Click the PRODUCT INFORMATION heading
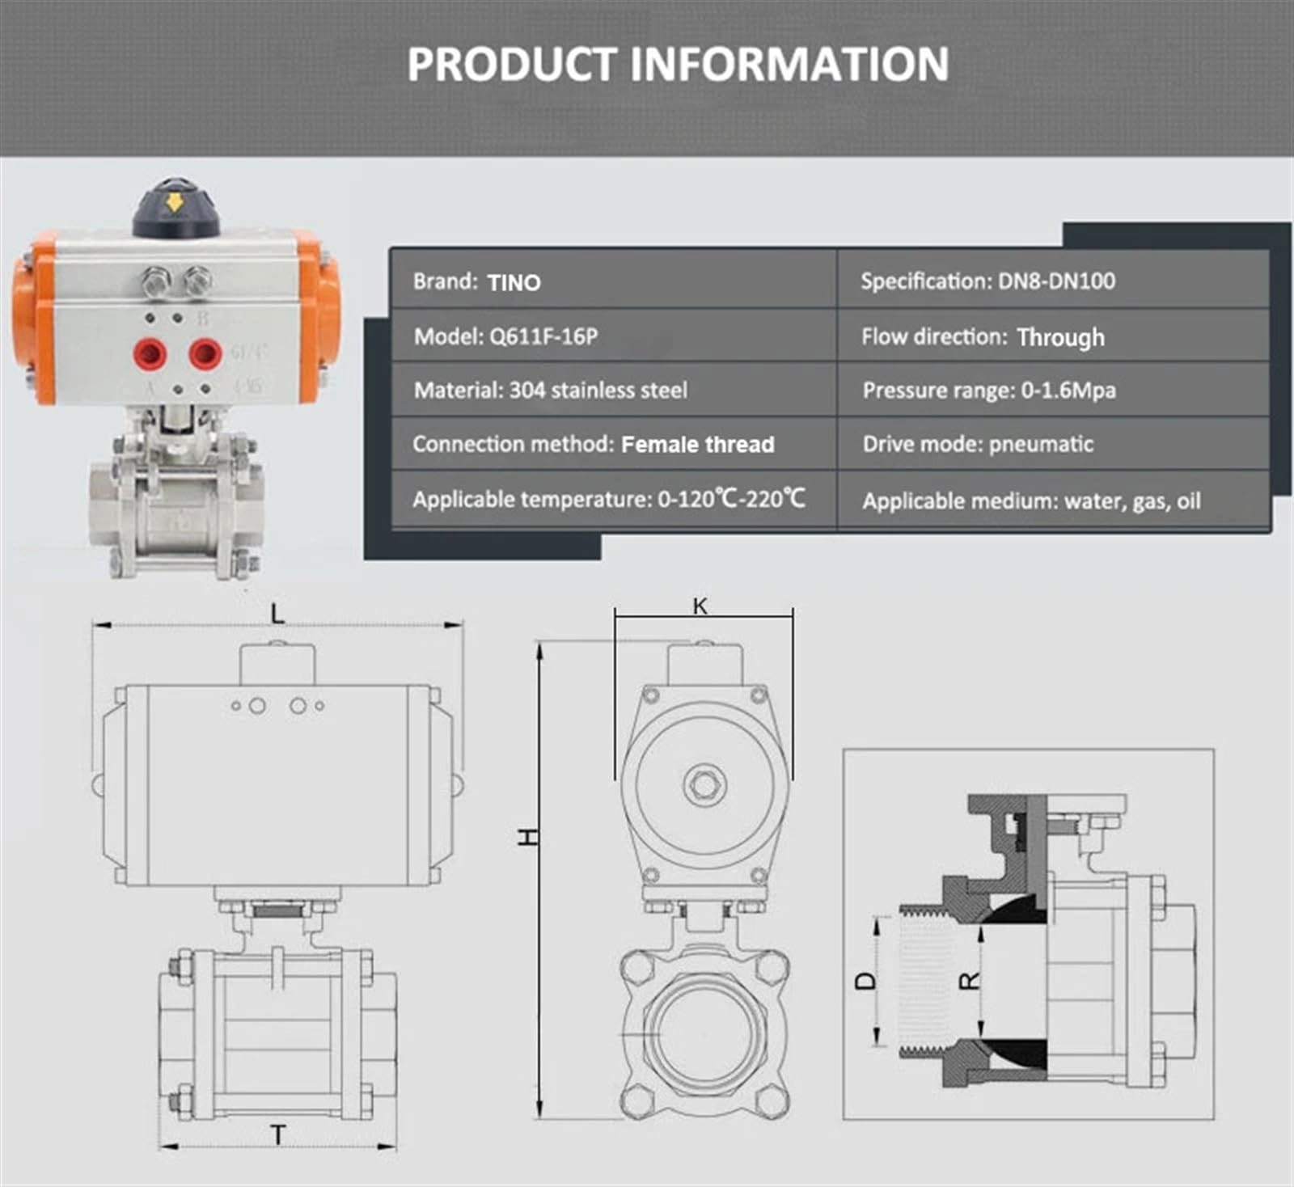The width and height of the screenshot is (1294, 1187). [x=678, y=64]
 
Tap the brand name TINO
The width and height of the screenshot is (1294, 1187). [x=514, y=282]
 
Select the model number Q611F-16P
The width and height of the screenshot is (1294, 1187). [x=543, y=336]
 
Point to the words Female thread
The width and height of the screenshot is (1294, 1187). [x=698, y=444]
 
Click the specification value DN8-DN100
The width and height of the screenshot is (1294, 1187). [x=1056, y=281]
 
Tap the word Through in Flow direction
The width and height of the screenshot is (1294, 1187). [x=1060, y=337]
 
